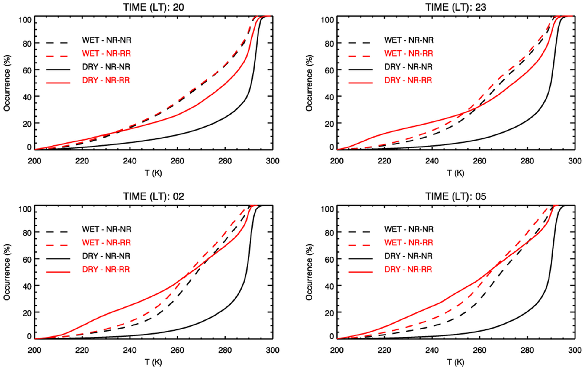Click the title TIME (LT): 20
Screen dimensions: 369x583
[x=153, y=7]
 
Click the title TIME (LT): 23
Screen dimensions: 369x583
[x=456, y=7]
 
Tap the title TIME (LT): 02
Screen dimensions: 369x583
[x=153, y=196]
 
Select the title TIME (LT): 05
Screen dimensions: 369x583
[x=456, y=196]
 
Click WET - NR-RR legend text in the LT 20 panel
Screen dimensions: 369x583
[x=106, y=53]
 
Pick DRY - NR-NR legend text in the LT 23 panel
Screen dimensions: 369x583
[x=408, y=67]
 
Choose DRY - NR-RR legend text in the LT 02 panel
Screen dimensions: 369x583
[x=106, y=269]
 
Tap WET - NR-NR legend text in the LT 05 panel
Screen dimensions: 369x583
[x=409, y=229]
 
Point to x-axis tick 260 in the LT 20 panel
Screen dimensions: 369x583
[x=177, y=161]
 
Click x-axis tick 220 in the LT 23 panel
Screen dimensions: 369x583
[x=384, y=161]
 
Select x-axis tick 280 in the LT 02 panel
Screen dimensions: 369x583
[x=225, y=350]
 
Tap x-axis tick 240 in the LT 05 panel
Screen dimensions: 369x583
[x=432, y=350]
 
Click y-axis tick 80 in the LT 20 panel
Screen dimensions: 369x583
[x=27, y=44]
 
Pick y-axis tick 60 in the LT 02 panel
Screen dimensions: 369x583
[x=27, y=260]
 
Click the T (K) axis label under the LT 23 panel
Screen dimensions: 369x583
[x=456, y=173]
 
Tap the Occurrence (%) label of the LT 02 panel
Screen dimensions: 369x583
[x=7, y=272]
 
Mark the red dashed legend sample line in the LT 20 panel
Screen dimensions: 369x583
[x=58, y=56]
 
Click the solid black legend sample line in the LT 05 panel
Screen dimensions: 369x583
[x=360, y=258]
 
